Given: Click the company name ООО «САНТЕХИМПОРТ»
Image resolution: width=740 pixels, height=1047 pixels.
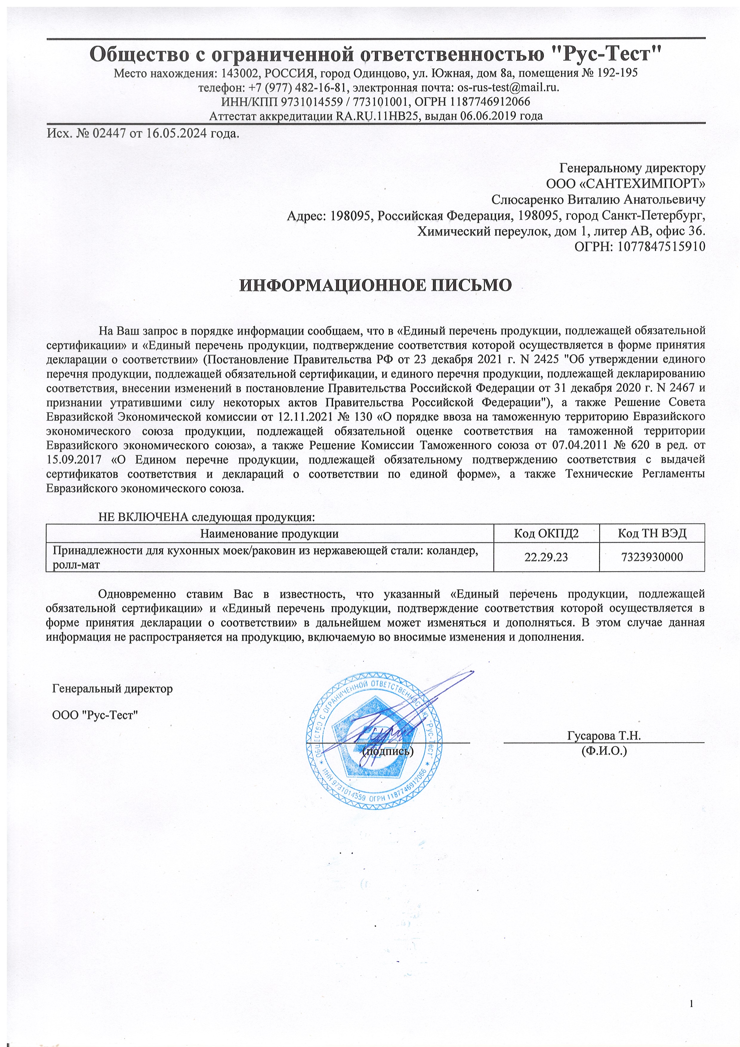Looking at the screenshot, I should pos(625,184).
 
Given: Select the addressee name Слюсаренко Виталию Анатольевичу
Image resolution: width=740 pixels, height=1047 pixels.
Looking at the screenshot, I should pos(598,199).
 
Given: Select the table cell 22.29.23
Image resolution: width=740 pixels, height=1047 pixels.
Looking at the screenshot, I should pos(546,557).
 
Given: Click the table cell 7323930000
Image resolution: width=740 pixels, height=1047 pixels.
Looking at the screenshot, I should pos(652,557).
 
